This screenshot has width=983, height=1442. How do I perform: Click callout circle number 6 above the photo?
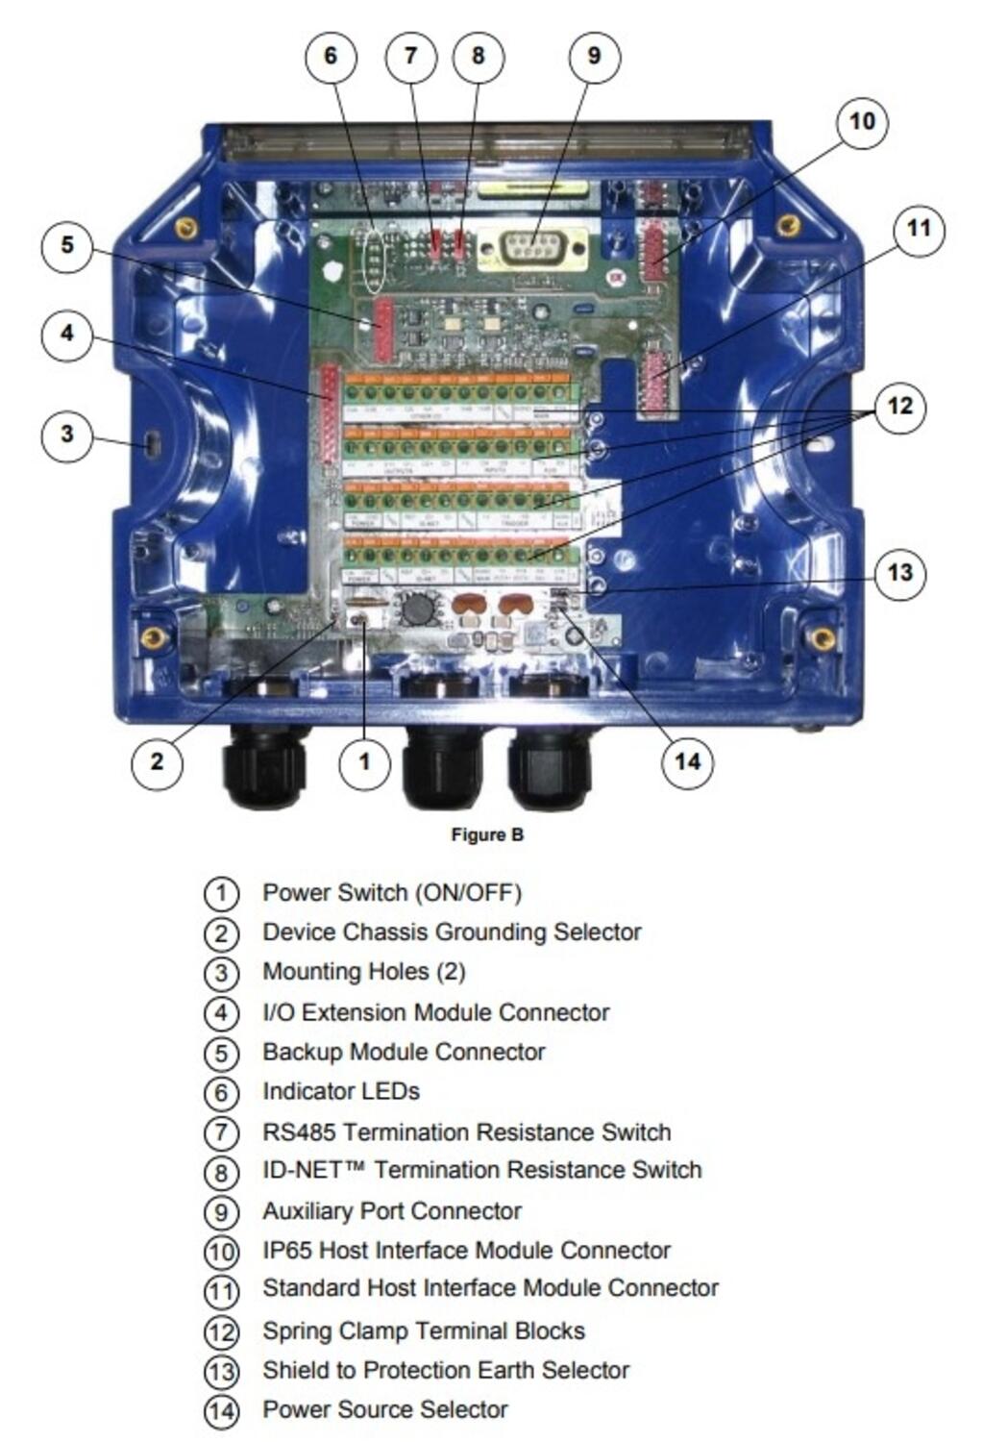click(x=331, y=56)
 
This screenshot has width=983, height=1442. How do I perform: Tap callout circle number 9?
click(x=594, y=56)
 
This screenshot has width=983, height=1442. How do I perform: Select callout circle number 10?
click(x=862, y=122)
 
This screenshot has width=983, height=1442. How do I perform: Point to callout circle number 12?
click(x=899, y=406)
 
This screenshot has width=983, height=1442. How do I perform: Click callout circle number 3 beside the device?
click(x=66, y=434)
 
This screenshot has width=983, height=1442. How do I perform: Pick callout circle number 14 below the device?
click(x=688, y=762)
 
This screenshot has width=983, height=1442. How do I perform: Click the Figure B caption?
click(x=487, y=834)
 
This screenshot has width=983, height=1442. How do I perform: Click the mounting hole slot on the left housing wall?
click(x=152, y=443)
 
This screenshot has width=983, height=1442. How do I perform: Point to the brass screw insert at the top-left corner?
click(x=186, y=228)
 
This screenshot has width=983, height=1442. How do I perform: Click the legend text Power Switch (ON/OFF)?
click(x=391, y=893)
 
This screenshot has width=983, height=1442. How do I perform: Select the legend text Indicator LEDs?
click(x=341, y=1092)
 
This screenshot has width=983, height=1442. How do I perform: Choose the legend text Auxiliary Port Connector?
click(x=392, y=1211)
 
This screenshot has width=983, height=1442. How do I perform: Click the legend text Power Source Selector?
click(x=384, y=1410)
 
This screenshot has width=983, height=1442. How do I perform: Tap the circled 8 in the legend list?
click(x=221, y=1172)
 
